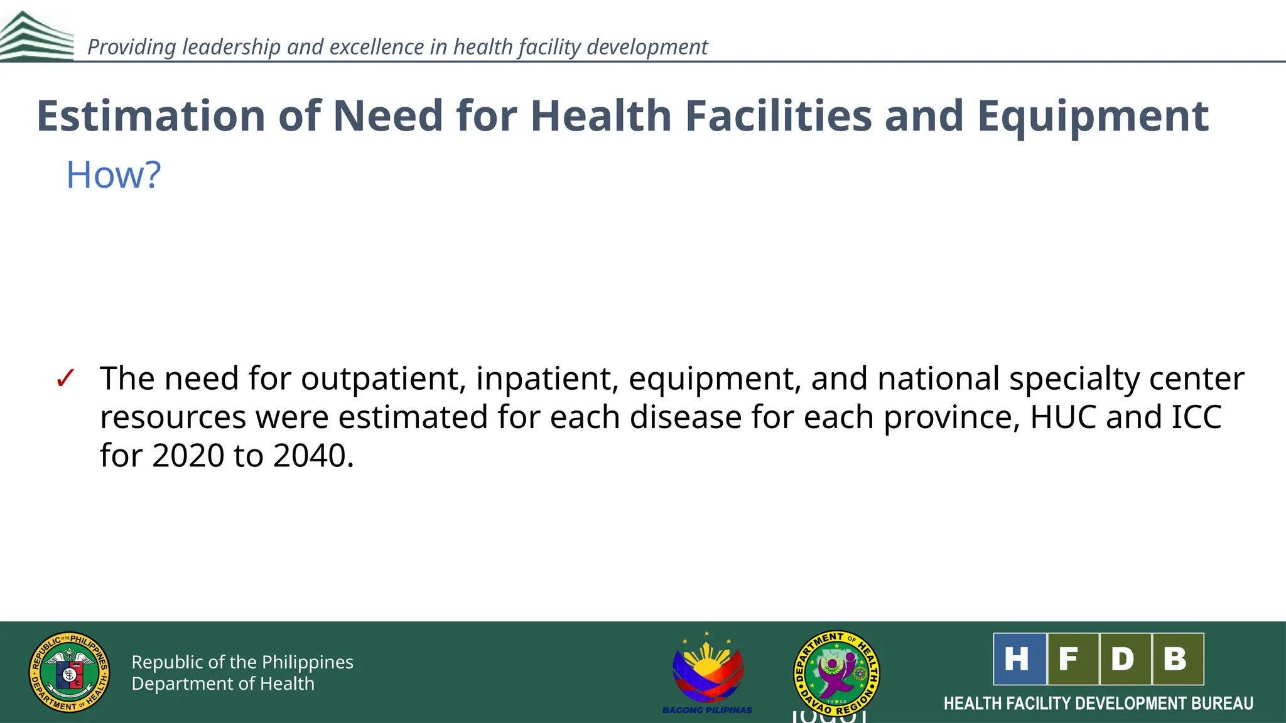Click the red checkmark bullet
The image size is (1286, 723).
[65, 378]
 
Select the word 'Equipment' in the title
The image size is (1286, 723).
[1093, 117]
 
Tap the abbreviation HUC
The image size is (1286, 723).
[1063, 417]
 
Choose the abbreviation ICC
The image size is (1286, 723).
[1197, 417]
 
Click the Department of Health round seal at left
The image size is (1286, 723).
[70, 672]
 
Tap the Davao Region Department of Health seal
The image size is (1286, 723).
[836, 673]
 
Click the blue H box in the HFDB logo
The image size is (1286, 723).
[1019, 659]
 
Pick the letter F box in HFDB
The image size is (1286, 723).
[1073, 659]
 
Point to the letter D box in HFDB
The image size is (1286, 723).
[1125, 659]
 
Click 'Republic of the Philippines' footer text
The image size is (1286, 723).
[242, 662]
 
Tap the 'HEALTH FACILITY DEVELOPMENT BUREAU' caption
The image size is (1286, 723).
[1098, 704]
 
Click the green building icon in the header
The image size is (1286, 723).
[36, 36]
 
